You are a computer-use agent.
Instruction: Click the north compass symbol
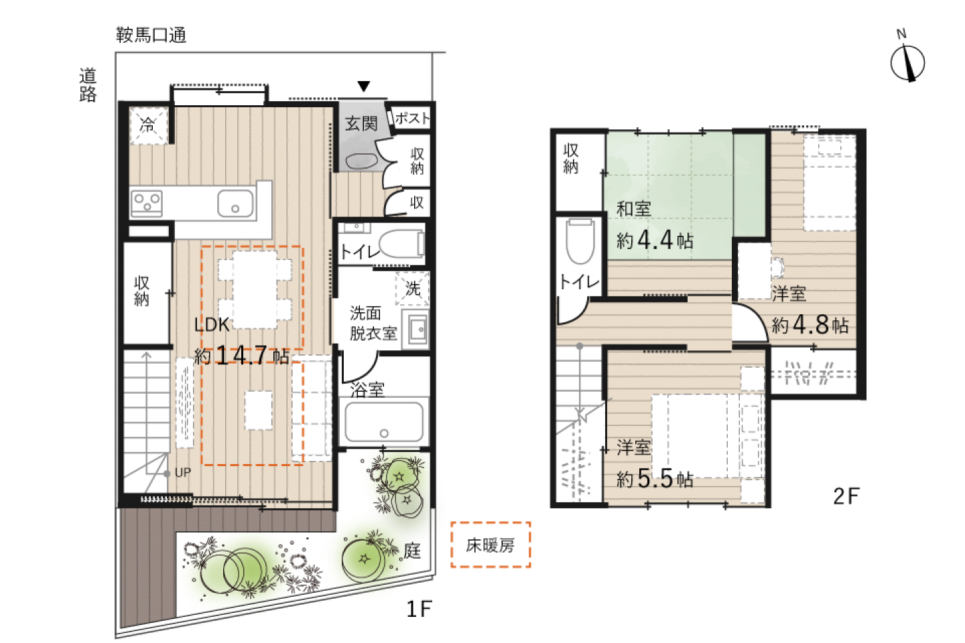point(907,60)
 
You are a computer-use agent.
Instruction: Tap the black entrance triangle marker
point(364,86)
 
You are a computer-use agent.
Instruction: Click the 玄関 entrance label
point(361,124)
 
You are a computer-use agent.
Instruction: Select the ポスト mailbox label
point(412,118)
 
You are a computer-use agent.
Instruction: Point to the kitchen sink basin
point(235,203)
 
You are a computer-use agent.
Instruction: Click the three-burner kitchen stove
point(147,203)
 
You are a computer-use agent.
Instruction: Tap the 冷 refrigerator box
point(148,125)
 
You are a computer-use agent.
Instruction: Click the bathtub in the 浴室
point(384,422)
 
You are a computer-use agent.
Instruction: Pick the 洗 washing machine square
point(412,289)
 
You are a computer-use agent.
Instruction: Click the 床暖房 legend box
point(491,545)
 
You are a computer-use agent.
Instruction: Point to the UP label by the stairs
point(183,473)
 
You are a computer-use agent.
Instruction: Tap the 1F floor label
point(420,609)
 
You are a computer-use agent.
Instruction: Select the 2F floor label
point(846,496)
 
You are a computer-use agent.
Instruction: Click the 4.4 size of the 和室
point(655,240)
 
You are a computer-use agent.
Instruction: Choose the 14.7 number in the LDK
point(242,355)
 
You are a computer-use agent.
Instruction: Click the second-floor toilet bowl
point(580,242)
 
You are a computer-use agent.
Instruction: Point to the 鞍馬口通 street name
point(151,35)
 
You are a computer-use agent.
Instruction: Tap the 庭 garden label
point(412,551)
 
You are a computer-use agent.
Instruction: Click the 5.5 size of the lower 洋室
point(655,478)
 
